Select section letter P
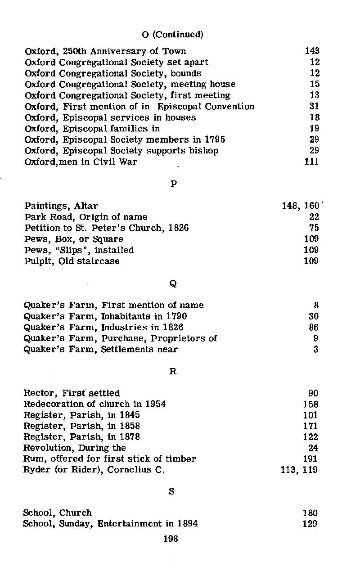pos(173,184)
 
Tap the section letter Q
pos(173,283)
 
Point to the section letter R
pos(172,372)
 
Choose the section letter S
pos(171,491)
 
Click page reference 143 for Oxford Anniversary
pos(312,51)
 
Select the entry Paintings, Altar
pos(61,206)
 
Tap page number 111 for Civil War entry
pos(312,162)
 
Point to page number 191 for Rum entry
pos(310,459)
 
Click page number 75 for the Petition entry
pos(314,228)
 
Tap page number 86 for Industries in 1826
pos(313,327)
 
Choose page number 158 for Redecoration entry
pos(310,404)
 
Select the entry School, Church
pos(57,513)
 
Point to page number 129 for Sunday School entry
pos(310,524)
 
